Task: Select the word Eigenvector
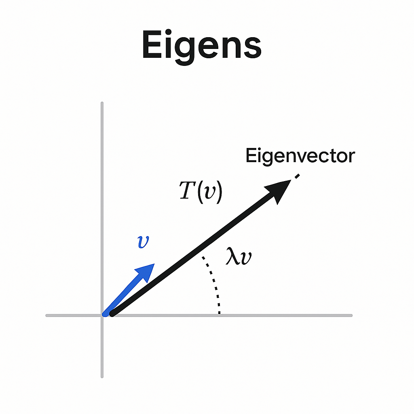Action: click(x=300, y=156)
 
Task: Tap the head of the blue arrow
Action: click(x=146, y=271)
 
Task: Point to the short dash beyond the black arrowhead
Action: click(x=297, y=176)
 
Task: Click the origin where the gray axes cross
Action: click(x=102, y=315)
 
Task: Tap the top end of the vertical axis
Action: click(x=102, y=103)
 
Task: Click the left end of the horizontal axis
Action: click(x=47, y=315)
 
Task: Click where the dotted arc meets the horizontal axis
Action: click(x=219, y=314)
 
